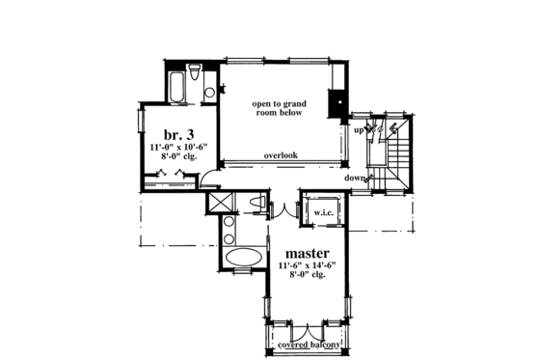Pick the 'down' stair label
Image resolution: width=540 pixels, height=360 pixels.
tap(355, 178)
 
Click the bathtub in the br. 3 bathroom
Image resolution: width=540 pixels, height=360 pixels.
tap(178, 86)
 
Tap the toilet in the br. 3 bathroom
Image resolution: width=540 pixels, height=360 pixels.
tap(195, 73)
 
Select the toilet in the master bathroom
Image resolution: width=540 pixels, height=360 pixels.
tap(256, 201)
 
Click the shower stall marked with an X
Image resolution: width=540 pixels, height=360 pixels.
tap(221, 202)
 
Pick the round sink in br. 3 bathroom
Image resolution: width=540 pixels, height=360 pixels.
tap(209, 93)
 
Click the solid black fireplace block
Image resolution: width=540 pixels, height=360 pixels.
tap(337, 101)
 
